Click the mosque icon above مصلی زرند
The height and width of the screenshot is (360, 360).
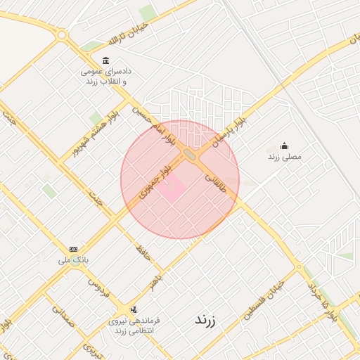[x=284, y=146]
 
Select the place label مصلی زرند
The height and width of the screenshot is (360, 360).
[x=284, y=157]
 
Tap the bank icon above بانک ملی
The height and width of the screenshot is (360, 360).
[x=74, y=249]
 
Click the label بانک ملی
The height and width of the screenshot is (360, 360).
[x=74, y=260]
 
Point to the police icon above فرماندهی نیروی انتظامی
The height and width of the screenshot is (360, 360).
[x=133, y=309]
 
